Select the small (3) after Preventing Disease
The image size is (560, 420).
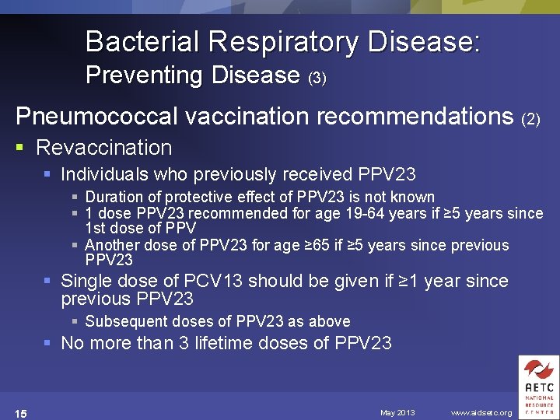click(317, 78)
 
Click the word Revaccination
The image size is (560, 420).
click(103, 147)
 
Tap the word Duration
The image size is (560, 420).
click(112, 197)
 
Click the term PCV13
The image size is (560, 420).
click(214, 281)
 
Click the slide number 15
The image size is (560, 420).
click(21, 413)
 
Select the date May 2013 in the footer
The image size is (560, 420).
click(397, 412)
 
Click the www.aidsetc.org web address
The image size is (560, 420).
click(481, 412)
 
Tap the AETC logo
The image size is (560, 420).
click(538, 387)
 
